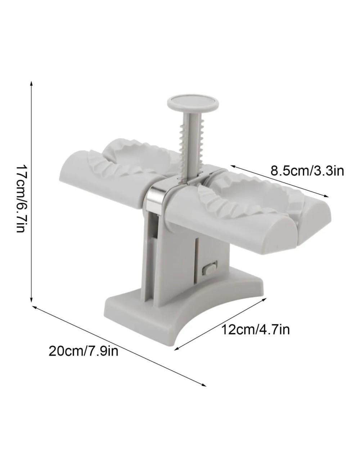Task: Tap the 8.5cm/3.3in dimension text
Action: [x=307, y=170]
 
